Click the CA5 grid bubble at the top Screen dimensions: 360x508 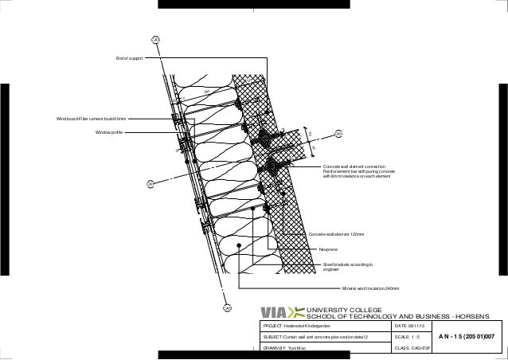(155, 40)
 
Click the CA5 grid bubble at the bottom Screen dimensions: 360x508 (226, 307)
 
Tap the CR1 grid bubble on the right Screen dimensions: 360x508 (338, 134)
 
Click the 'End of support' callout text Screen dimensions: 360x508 (128, 59)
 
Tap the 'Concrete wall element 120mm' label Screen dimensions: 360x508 (336, 234)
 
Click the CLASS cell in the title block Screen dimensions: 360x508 (412, 349)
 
